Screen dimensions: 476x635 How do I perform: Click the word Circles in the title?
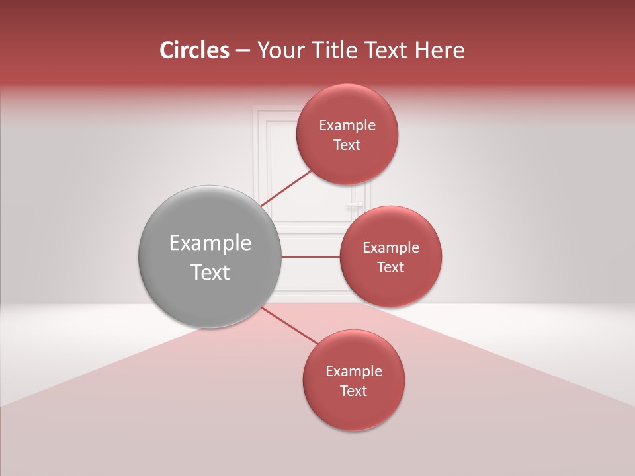click(x=194, y=50)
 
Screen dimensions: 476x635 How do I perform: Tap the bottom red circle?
click(x=354, y=410)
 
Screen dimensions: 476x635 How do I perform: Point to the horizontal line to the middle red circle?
click(x=311, y=257)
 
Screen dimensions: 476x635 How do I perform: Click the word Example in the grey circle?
click(x=210, y=243)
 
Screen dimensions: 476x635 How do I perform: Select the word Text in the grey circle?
click(x=210, y=272)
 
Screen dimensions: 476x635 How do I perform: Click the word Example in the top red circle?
click(x=347, y=126)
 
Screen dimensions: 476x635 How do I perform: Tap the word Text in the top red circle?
click(x=347, y=145)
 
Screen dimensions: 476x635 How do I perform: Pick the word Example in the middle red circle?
click(x=391, y=248)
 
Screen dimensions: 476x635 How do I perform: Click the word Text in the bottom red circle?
click(x=354, y=391)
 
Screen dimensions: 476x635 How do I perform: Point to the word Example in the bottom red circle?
click(x=354, y=372)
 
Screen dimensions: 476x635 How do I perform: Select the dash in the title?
click(x=243, y=51)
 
